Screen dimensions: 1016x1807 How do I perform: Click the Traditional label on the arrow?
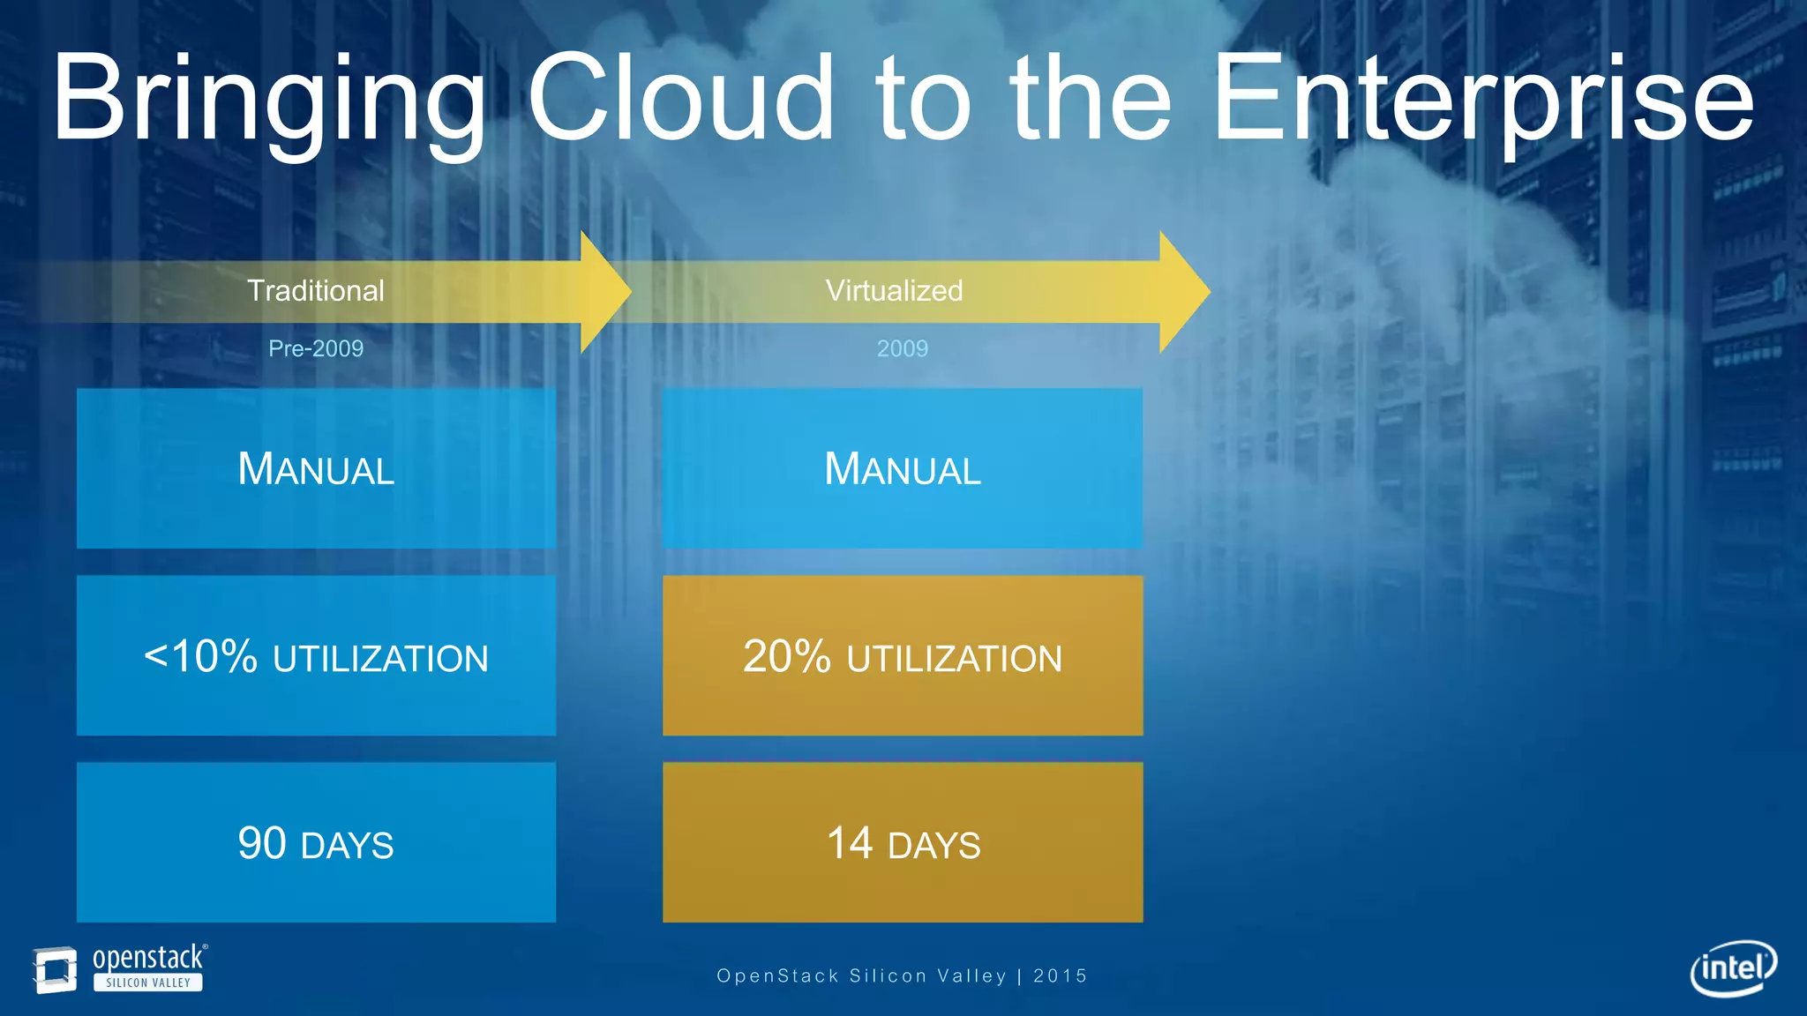(316, 291)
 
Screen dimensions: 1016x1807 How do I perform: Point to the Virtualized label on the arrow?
(894, 291)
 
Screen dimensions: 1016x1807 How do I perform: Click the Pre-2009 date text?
(316, 348)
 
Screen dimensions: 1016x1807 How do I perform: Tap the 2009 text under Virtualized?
(902, 348)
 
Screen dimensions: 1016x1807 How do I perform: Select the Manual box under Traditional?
(316, 468)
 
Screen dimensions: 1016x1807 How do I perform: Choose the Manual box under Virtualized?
(902, 468)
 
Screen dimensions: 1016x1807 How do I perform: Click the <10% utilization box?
(316, 655)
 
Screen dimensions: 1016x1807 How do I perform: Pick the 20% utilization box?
(902, 655)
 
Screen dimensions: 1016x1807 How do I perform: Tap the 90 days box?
(316, 842)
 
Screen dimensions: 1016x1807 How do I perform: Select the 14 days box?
(902, 842)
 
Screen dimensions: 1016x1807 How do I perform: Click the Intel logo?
(1733, 968)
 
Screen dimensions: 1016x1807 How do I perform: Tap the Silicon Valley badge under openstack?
(148, 982)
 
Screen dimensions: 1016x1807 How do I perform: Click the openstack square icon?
(55, 969)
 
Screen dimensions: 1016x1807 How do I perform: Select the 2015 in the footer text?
(1060, 975)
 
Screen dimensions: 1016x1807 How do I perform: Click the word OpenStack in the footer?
(777, 975)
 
